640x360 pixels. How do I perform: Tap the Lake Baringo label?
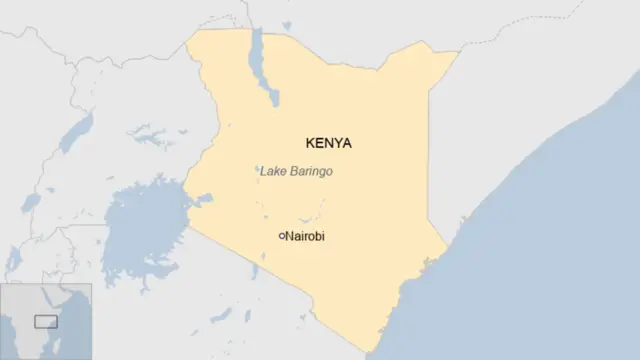[x=296, y=172]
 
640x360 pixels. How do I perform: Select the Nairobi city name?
[x=305, y=236]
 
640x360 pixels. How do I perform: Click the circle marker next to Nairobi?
[x=281, y=236]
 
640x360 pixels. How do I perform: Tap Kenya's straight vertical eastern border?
[x=429, y=150]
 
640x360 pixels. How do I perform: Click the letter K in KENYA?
[x=308, y=143]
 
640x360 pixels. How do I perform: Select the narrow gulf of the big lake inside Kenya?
[x=200, y=200]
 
